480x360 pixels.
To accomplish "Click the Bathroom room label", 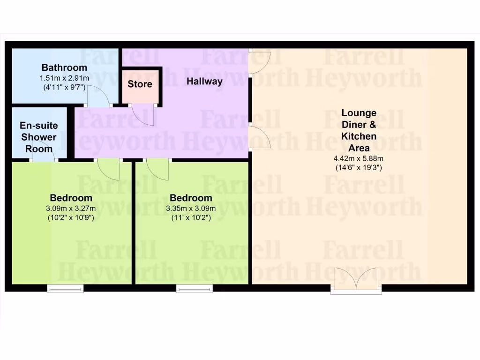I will pyautogui.click(x=64, y=67).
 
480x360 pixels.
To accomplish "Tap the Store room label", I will pyautogui.click(x=140, y=84).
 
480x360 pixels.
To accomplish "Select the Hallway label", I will pyautogui.click(x=204, y=81).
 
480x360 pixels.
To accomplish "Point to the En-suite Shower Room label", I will pyautogui.click(x=38, y=137).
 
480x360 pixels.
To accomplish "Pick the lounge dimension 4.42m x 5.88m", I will pyautogui.click(x=359, y=158).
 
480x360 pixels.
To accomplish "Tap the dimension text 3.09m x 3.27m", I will pyautogui.click(x=71, y=209).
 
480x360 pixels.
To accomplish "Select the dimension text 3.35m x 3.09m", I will pyautogui.click(x=191, y=209).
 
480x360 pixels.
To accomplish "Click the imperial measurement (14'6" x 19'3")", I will pyautogui.click(x=359, y=167).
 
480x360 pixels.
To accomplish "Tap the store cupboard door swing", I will pyautogui.click(x=143, y=115).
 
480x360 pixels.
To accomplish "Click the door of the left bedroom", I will pyautogui.click(x=109, y=169).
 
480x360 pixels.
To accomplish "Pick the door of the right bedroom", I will pyautogui.click(x=158, y=169).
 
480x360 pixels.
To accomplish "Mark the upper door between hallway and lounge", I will pyautogui.click(x=259, y=62).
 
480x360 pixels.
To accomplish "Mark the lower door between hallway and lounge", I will pyautogui.click(x=259, y=137).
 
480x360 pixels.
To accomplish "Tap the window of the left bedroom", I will pyautogui.click(x=65, y=289).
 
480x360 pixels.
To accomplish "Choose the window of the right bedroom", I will pyautogui.click(x=194, y=289).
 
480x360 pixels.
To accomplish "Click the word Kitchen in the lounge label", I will pyautogui.click(x=359, y=136).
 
